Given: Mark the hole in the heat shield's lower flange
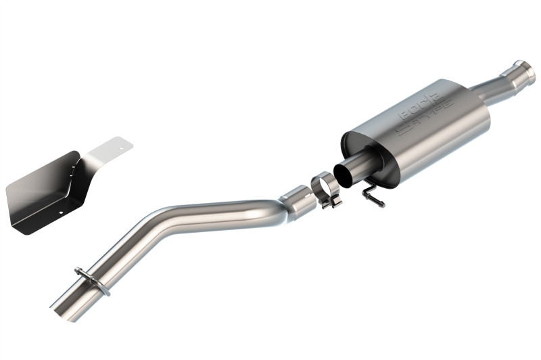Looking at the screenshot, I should click(60, 215).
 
